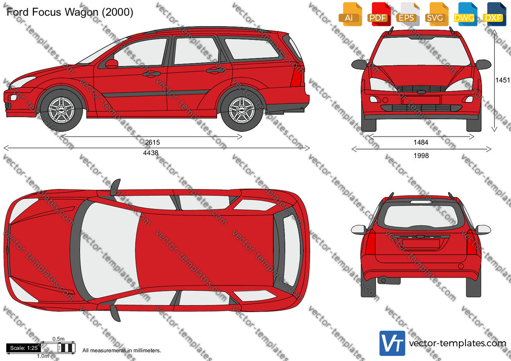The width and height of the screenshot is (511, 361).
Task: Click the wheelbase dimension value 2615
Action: (152, 143)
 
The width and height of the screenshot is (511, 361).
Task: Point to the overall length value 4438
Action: (151, 153)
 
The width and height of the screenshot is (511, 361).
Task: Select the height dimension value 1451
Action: (502, 80)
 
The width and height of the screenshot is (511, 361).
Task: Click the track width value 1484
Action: (421, 143)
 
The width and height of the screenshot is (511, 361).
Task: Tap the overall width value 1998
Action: (421, 156)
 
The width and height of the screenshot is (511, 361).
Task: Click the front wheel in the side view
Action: (61, 110)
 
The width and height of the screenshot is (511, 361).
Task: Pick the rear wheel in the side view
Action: (241, 110)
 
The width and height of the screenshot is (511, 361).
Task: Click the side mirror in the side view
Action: (111, 64)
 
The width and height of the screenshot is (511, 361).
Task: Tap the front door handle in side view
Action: (151, 74)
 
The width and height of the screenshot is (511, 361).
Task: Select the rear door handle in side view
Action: (216, 70)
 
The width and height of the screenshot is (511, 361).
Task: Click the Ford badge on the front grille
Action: (421, 92)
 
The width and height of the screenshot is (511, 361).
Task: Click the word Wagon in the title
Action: (81, 12)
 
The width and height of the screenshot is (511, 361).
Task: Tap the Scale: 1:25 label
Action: (23, 348)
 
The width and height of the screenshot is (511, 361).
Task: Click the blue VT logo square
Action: (393, 343)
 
